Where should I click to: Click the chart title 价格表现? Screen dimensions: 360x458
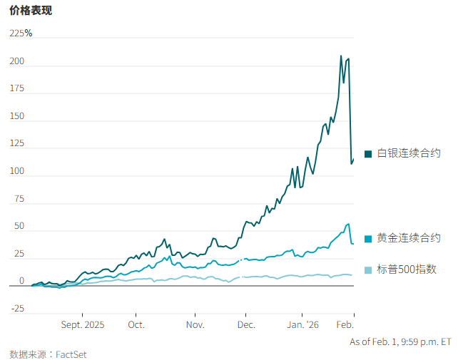click(31, 11)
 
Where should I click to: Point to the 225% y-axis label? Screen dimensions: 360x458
click(21, 34)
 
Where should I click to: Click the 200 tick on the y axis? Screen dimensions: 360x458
click(17, 61)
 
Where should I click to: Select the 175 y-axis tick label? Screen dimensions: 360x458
click(17, 88)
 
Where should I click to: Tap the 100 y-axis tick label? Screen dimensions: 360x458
click(17, 171)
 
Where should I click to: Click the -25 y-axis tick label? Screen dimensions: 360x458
click(17, 309)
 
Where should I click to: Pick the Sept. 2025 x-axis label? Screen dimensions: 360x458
click(83, 324)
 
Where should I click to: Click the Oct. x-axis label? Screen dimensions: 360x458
click(136, 324)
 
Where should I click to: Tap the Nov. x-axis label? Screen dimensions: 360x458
click(195, 324)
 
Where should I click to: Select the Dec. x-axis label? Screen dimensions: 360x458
click(246, 324)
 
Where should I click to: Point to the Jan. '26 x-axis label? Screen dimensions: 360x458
click(303, 324)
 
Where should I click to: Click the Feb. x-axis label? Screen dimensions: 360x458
click(345, 324)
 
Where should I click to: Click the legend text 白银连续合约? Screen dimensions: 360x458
click(409, 153)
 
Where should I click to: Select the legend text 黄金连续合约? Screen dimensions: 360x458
click(409, 238)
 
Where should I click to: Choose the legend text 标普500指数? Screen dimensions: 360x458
click(407, 269)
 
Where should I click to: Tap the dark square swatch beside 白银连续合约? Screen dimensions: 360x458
click(368, 154)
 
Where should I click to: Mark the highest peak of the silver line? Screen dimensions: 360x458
click(341, 56)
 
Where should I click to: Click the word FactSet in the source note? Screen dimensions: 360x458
click(71, 354)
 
